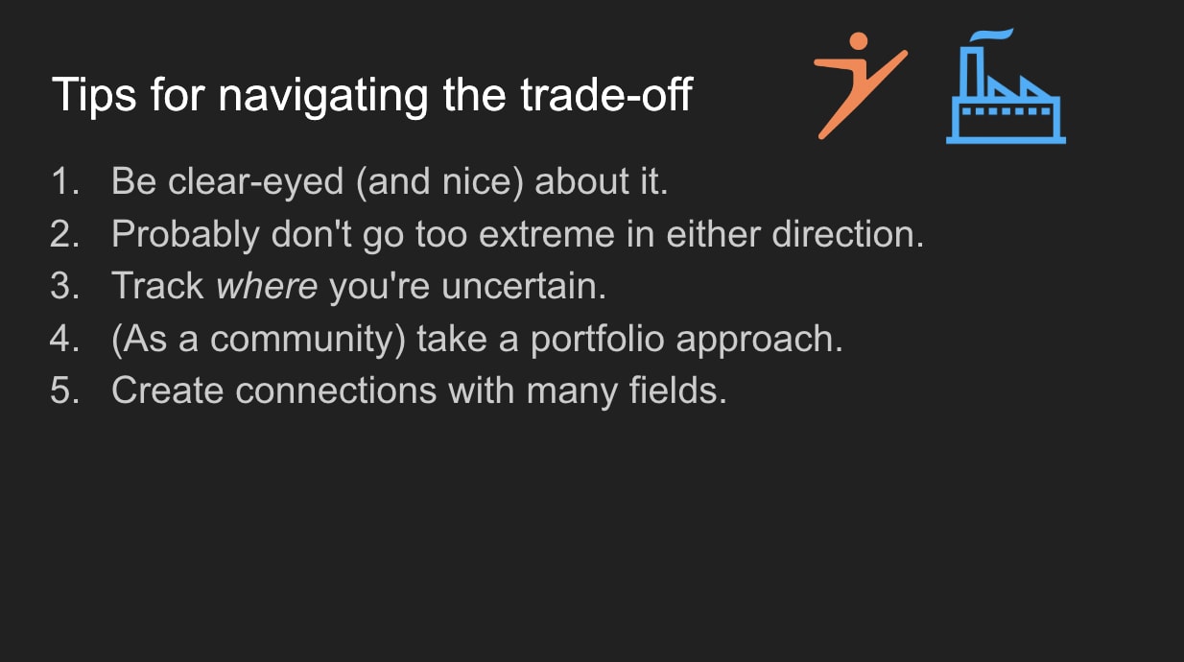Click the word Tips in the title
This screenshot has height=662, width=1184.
coord(94,95)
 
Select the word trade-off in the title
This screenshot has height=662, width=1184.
coord(606,95)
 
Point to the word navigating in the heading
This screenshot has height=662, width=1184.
coord(323,96)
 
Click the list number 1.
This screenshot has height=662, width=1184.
coord(64,181)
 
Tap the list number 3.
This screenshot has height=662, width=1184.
coord(64,286)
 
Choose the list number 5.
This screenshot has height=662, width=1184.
coord(64,390)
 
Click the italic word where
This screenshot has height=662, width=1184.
coord(267,286)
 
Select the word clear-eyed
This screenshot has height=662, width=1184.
coord(256,182)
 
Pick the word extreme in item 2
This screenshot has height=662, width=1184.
coord(547,234)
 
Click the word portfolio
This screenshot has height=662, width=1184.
coord(598,340)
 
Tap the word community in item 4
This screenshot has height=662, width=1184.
coord(308,340)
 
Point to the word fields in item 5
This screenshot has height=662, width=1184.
coord(678,390)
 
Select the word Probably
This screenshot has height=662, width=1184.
coord(185,234)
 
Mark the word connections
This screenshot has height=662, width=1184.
coord(336,391)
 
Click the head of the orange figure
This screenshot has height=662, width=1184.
coord(859,41)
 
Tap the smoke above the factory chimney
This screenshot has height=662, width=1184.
coord(991,35)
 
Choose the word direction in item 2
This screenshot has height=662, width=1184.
coord(848,233)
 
